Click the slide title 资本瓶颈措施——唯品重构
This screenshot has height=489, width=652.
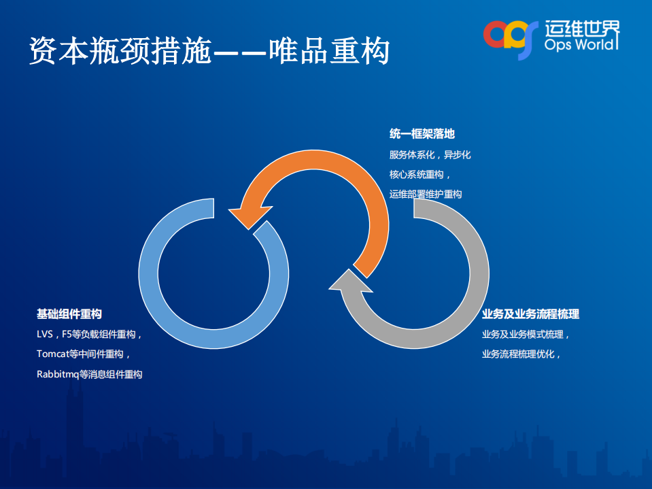click(x=209, y=51)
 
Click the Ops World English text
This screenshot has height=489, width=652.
click(x=581, y=44)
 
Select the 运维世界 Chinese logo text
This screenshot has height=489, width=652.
click(x=582, y=27)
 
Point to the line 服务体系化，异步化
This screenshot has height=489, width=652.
click(x=430, y=154)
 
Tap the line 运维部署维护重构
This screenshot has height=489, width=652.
click(x=426, y=194)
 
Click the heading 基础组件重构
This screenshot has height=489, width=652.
click(x=69, y=314)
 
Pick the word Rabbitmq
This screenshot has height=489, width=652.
click(x=58, y=374)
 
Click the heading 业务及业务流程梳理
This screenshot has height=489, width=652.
click(x=530, y=314)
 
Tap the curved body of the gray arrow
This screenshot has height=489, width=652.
click(x=469, y=286)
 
